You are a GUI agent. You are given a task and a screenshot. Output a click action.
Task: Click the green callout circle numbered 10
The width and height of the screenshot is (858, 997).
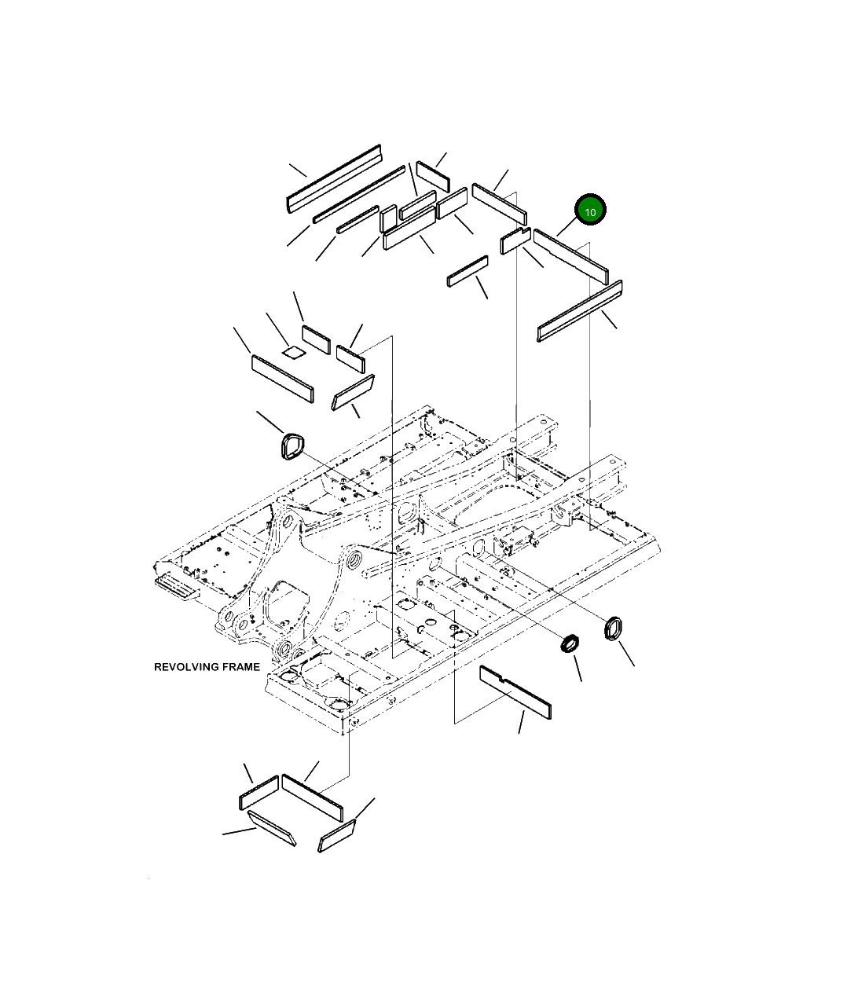(x=590, y=210)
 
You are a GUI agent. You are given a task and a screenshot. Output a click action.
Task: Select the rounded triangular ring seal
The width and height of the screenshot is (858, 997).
(x=292, y=446)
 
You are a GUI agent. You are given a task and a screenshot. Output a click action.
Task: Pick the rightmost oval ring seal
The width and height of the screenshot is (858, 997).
(x=613, y=629)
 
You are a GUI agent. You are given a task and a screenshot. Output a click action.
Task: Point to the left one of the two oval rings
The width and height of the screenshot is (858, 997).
(x=570, y=643)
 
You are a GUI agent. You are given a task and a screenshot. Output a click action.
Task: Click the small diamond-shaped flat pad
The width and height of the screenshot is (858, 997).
(x=294, y=352)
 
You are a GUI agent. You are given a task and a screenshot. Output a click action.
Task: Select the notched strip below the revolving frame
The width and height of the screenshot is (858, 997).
(x=515, y=692)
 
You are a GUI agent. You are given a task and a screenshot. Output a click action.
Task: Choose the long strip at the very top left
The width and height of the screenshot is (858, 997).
(x=334, y=178)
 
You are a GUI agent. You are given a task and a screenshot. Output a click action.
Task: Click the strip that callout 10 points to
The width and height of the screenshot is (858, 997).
(x=571, y=257)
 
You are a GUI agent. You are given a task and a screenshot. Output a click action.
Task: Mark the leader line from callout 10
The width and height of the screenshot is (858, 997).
(x=567, y=226)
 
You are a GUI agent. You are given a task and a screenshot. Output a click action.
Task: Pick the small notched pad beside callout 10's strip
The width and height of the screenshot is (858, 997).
(x=515, y=240)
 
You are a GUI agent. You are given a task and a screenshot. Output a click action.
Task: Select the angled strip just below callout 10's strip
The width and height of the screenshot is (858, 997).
(x=580, y=310)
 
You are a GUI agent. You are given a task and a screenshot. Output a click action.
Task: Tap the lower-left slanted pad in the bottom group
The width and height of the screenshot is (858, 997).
(x=272, y=828)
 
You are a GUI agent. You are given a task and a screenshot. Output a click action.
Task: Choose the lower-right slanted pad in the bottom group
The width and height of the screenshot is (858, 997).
(x=336, y=836)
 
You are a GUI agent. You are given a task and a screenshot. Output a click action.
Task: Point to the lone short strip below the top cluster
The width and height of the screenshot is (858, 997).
(x=467, y=271)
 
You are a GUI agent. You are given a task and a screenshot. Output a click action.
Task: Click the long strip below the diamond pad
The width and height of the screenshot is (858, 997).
(x=283, y=379)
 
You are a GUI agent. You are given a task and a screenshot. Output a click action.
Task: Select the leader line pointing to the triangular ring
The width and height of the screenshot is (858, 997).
(x=270, y=422)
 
